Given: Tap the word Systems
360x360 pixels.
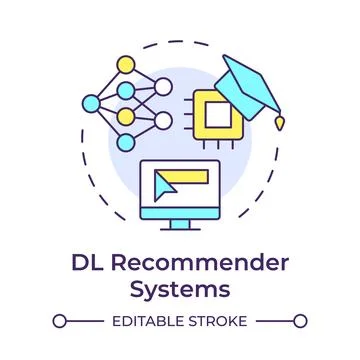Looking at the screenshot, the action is [x=180, y=289].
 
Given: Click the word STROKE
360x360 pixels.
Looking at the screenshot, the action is [x=219, y=321].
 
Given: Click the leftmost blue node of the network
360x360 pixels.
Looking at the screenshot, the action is [x=93, y=102].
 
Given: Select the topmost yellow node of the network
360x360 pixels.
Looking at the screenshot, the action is [x=126, y=66].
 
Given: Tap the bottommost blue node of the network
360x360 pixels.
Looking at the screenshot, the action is [x=125, y=141].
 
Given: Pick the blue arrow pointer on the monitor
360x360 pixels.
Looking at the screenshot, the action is [x=166, y=184].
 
